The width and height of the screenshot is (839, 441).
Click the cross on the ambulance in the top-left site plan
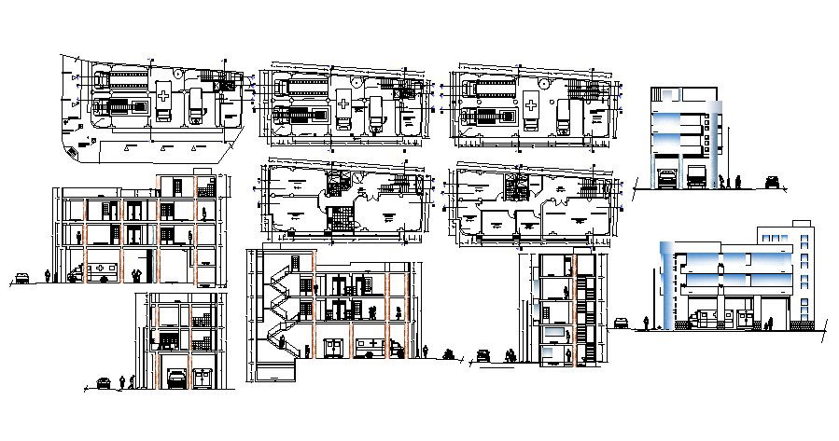tap(163, 95)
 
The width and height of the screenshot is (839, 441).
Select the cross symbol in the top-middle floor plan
tap(345, 102)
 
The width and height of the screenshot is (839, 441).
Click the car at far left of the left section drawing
tap(21, 279)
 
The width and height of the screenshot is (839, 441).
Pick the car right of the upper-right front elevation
tap(772, 182)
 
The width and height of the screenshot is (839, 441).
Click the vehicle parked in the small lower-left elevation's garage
tap(175, 379)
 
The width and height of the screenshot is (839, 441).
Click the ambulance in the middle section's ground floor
tap(373, 347)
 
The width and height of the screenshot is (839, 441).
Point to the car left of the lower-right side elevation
tap(621, 324)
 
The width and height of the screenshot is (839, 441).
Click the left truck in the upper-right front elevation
tap(665, 177)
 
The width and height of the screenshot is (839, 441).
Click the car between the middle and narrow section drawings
tap(483, 355)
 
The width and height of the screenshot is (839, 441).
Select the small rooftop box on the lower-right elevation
tap(801, 224)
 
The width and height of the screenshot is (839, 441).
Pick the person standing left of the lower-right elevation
tap(645, 324)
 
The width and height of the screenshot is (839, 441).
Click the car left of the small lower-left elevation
tap(105, 382)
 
